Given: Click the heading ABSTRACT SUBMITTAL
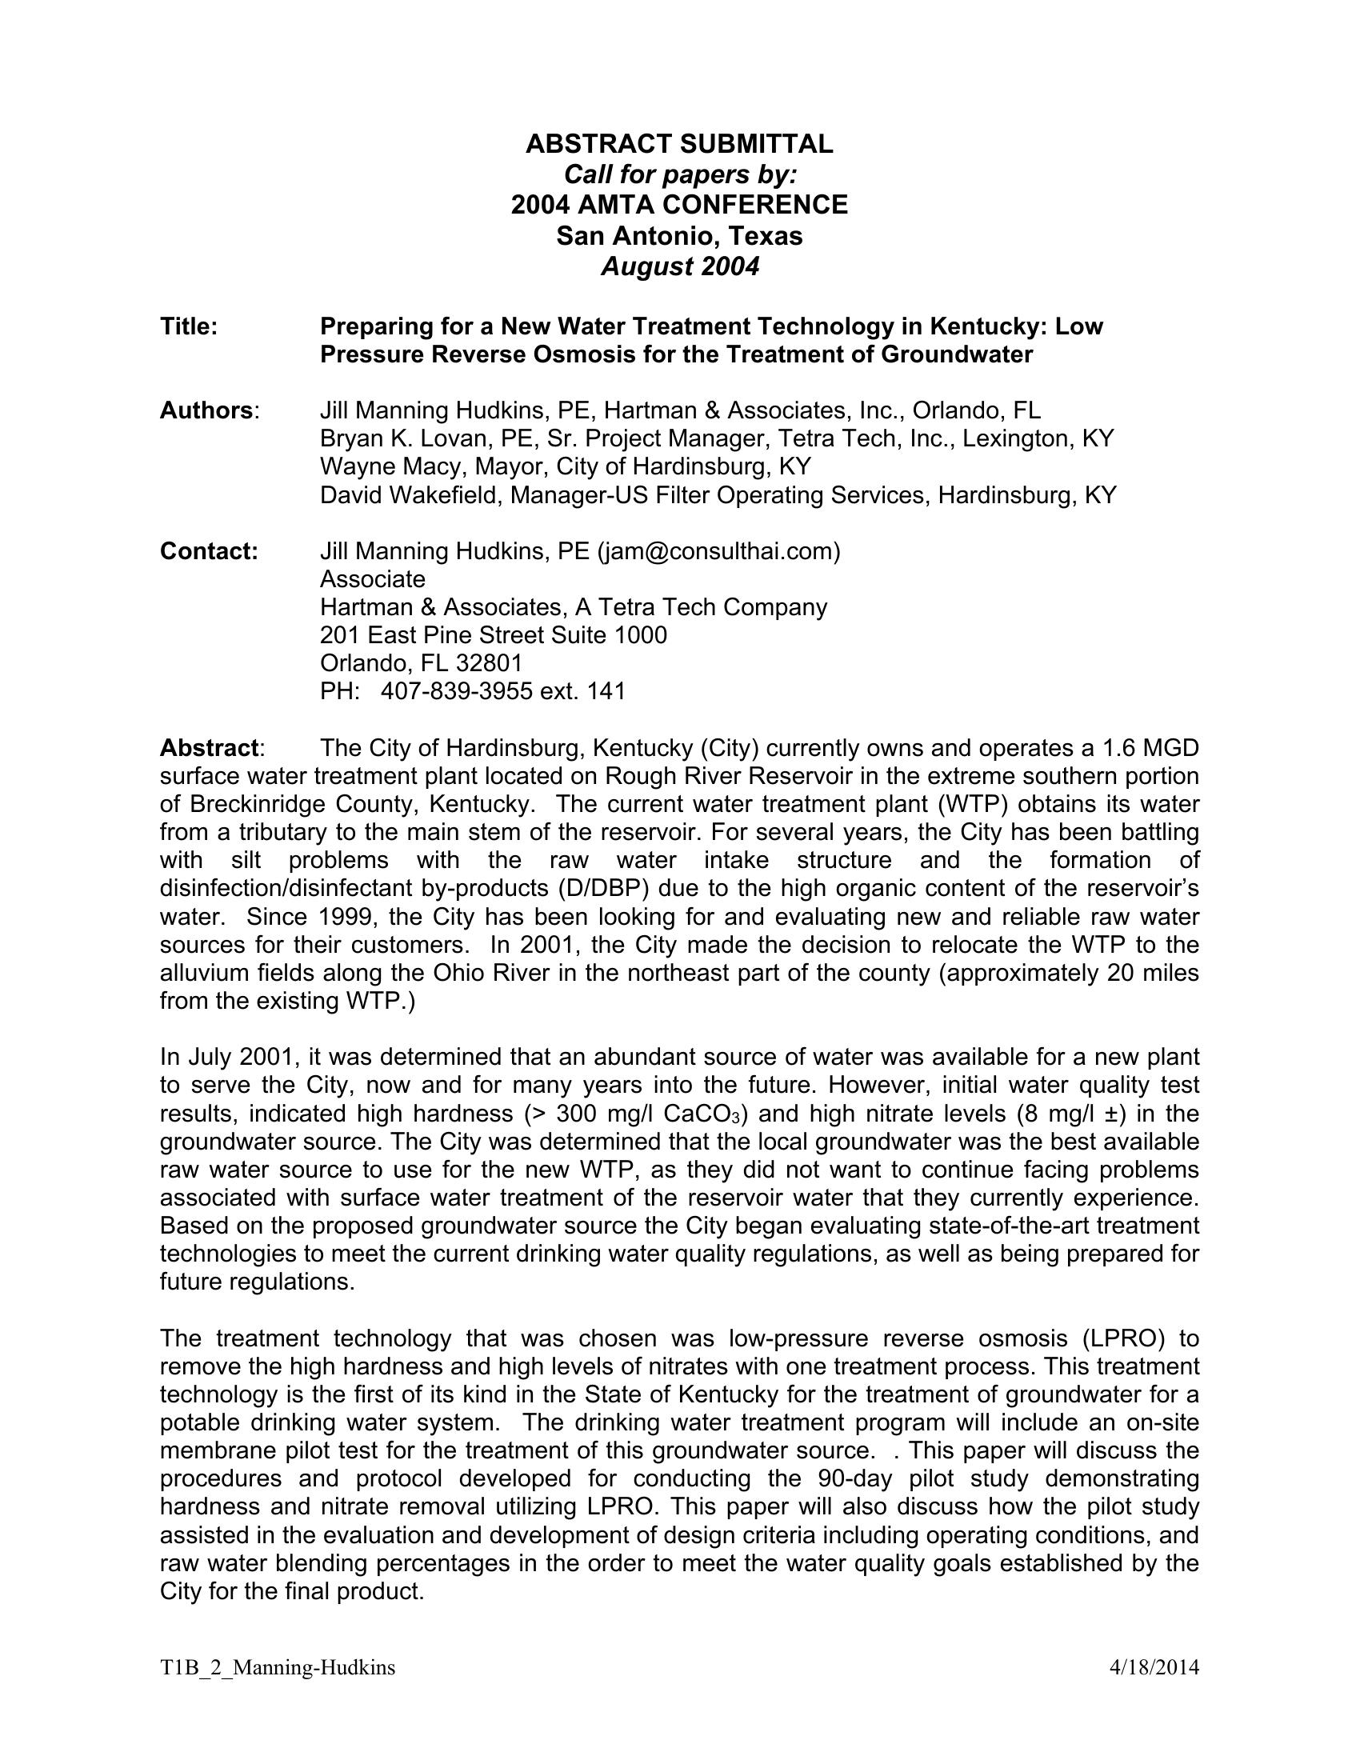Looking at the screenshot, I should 679,144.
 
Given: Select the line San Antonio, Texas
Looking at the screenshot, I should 679,236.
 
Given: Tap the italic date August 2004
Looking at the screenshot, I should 679,266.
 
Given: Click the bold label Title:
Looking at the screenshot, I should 189,326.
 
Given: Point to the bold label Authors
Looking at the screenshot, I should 206,411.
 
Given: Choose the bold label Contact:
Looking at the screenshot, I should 209,552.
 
